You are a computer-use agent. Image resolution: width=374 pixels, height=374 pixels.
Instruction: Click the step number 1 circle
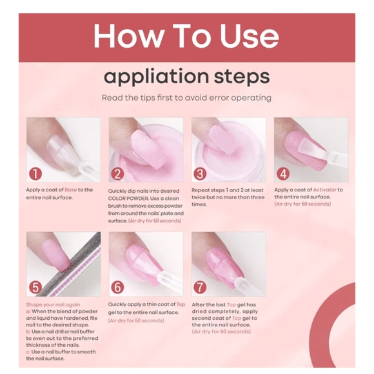coord(35,174)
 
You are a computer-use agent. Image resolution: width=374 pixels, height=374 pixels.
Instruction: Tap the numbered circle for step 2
coord(117,174)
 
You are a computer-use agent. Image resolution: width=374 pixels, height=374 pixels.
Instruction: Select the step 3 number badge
coord(200,174)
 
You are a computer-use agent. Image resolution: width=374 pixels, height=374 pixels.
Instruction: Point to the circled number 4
coord(283,174)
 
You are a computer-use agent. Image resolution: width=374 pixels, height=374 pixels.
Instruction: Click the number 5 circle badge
coord(35,287)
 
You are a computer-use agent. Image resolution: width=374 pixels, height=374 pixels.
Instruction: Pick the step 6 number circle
coord(117,287)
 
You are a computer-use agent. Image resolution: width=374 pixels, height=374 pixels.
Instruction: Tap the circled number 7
coord(200,287)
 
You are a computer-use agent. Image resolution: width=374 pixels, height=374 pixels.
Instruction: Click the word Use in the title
coord(249,36)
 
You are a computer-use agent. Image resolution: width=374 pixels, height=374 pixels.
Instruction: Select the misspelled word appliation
coord(156,76)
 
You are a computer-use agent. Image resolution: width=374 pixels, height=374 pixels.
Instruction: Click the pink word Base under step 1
coord(70,190)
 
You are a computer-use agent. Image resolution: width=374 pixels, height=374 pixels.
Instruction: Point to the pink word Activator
coord(324,190)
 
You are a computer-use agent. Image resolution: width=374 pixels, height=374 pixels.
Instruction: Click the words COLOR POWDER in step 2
coord(128,199)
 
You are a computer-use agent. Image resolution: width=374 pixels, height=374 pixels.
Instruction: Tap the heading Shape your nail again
coord(53,304)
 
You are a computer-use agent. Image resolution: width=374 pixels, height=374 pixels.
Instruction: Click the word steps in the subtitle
coord(242,77)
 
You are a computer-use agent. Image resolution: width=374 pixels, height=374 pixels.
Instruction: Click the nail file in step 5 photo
coord(69,265)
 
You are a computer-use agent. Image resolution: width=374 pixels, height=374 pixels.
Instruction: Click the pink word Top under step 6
coord(181,304)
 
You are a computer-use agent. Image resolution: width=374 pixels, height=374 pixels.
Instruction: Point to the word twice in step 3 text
coord(199,197)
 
